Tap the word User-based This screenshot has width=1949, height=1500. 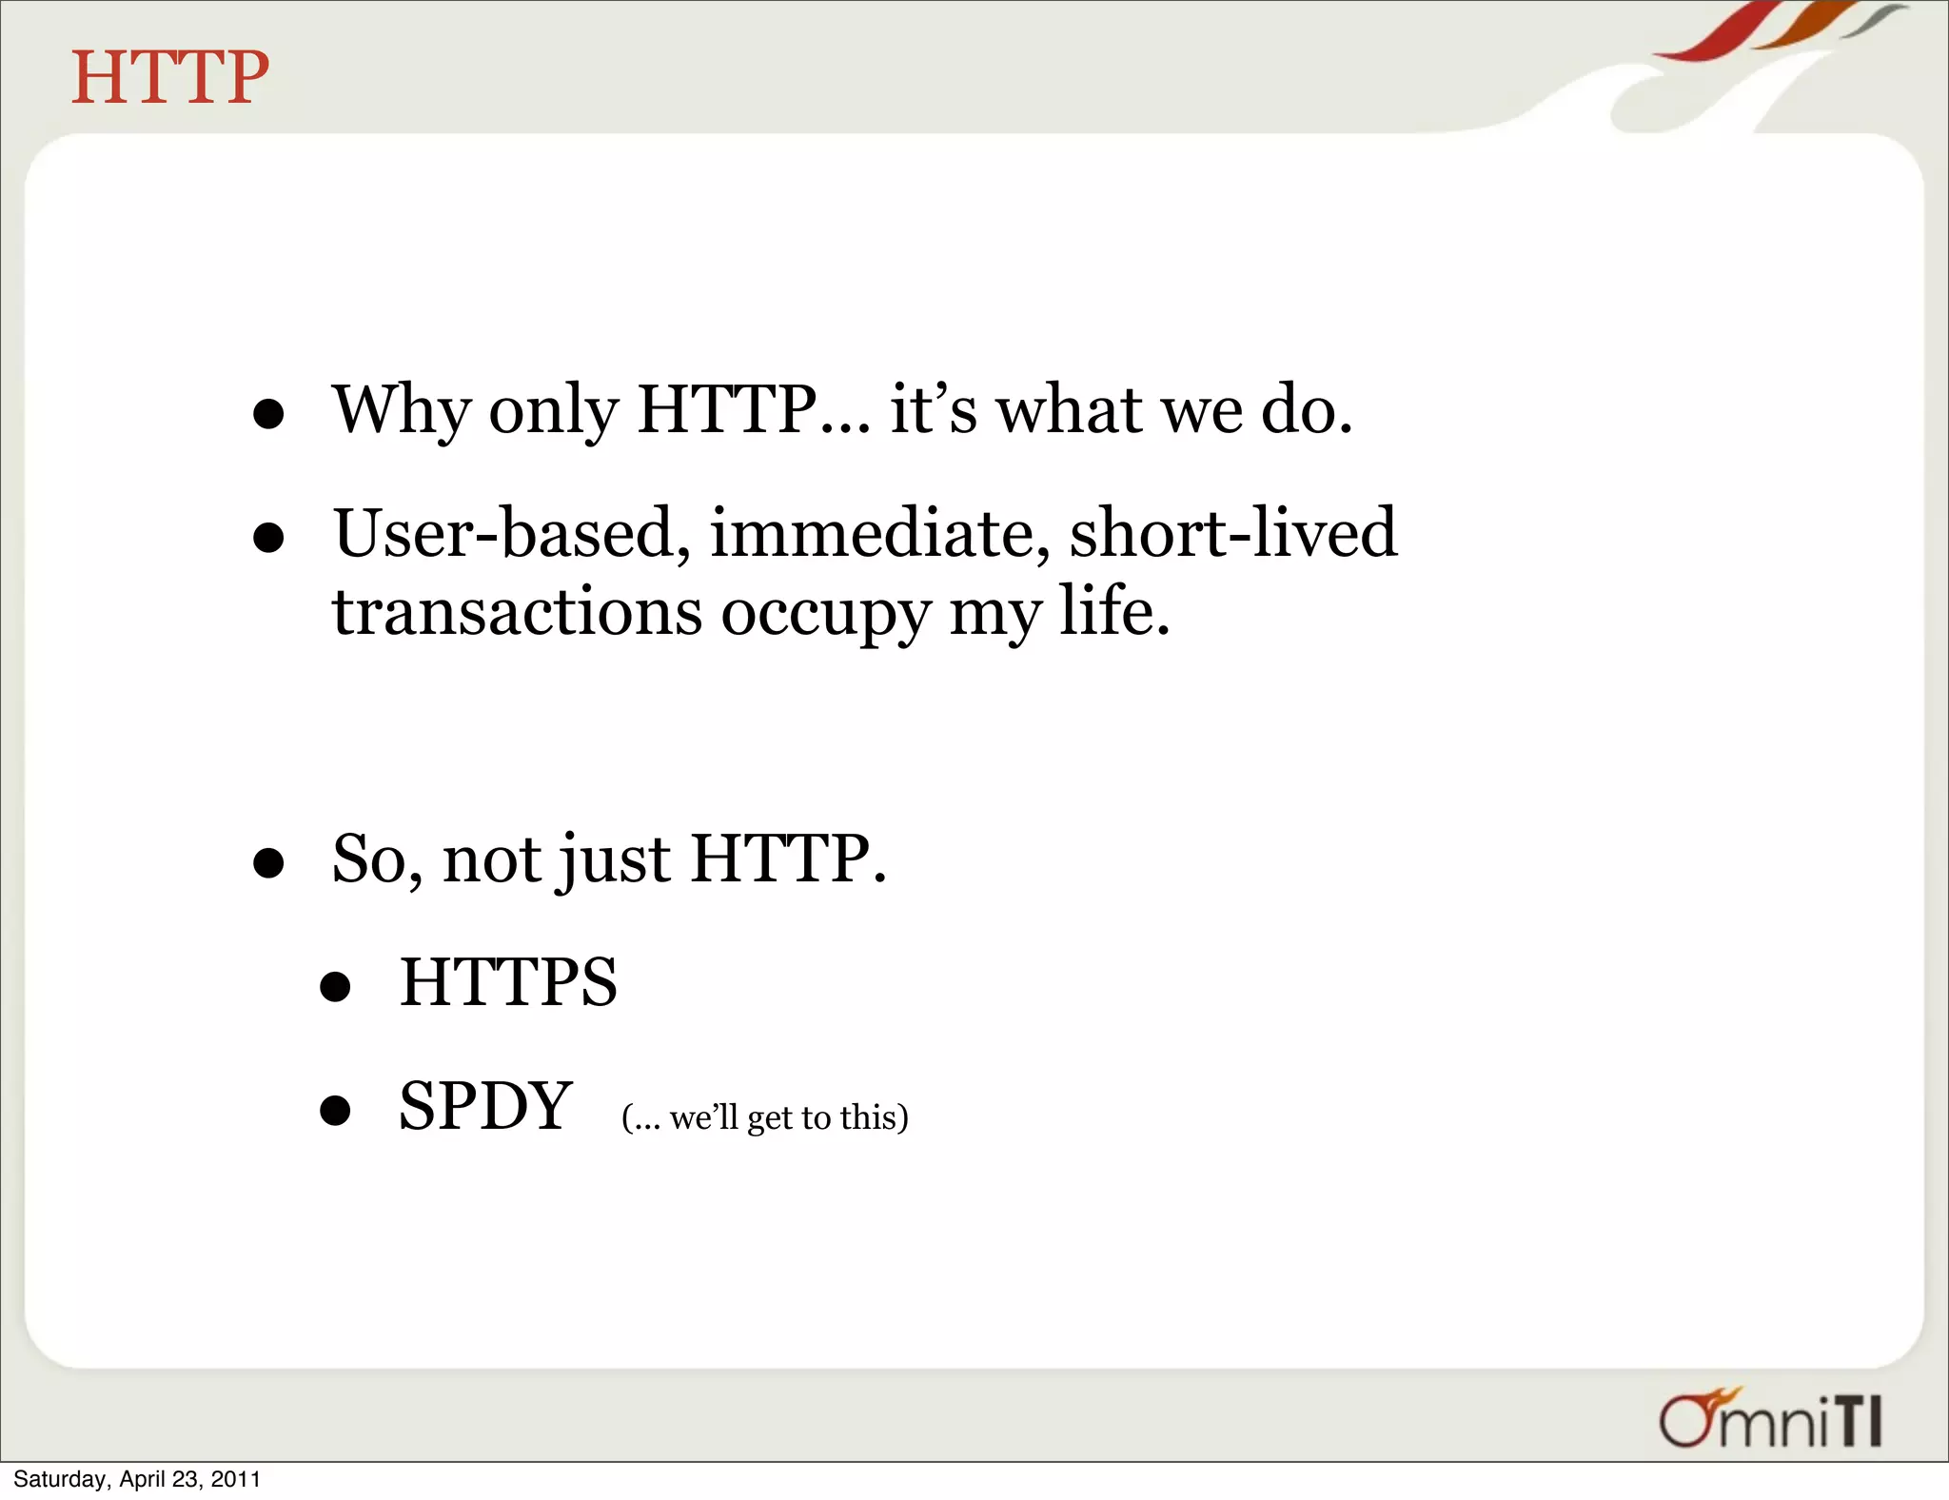(511, 533)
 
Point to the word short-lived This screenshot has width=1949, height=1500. (1233, 533)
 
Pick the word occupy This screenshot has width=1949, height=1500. (825, 615)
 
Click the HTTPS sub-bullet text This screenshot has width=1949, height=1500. (508, 982)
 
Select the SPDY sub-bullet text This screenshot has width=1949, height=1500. (485, 1106)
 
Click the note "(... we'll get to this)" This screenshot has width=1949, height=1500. (765, 1117)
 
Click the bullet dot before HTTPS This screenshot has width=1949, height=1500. (335, 987)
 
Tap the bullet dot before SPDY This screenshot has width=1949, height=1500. (335, 1110)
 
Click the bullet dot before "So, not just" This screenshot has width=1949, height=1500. (269, 863)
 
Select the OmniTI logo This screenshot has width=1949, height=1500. (1771, 1419)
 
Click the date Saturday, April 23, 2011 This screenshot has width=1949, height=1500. (136, 1479)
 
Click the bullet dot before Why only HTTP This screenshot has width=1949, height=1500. (269, 414)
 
